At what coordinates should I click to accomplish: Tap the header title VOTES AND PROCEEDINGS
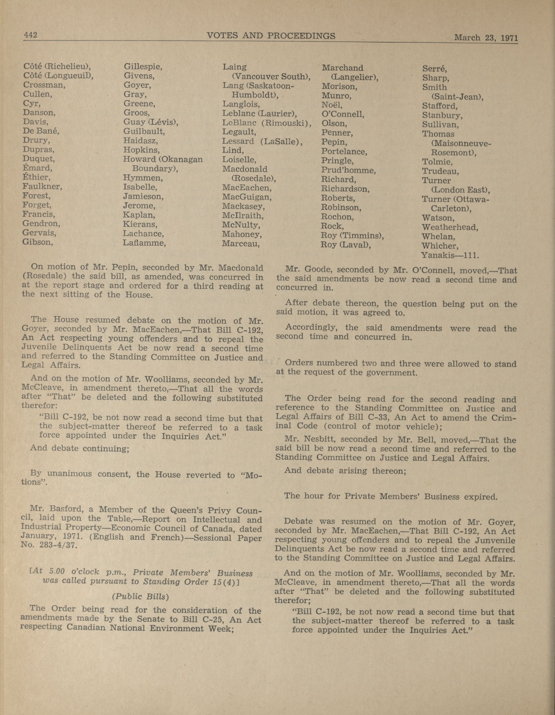click(271, 36)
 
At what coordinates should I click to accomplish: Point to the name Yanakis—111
click(450, 255)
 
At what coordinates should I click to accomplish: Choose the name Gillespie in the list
click(143, 67)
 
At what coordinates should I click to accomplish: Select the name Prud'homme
click(348, 170)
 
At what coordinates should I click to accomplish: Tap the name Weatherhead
click(449, 227)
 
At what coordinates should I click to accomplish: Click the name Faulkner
click(42, 187)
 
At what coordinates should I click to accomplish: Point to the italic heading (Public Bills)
click(140, 597)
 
